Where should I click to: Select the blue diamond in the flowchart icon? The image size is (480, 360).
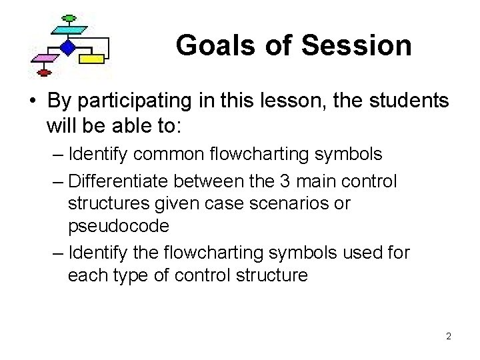tap(67, 47)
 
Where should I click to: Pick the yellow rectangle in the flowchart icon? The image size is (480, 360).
tap(93, 59)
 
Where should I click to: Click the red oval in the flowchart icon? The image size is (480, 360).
tap(43, 71)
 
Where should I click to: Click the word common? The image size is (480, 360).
tap(165, 155)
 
